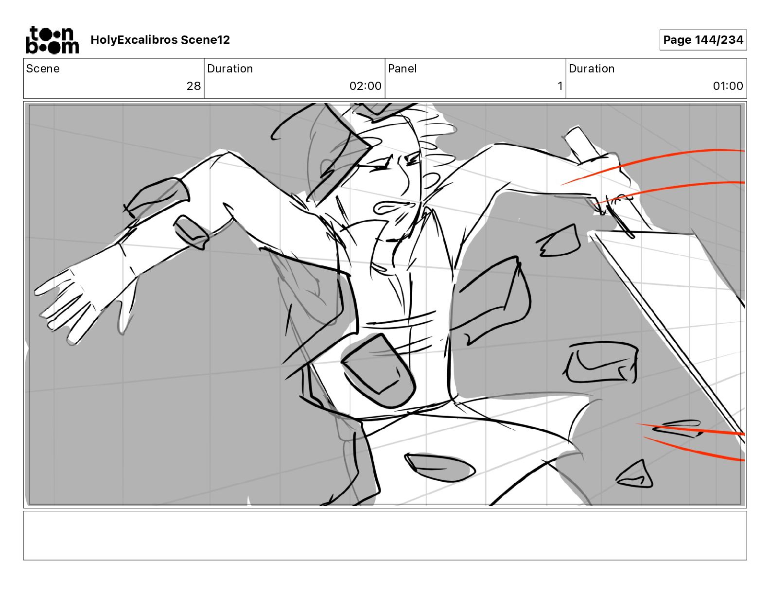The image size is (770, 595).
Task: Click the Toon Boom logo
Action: point(52,40)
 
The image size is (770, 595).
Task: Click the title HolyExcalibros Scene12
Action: point(160,40)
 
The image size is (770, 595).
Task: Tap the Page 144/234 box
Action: point(703,40)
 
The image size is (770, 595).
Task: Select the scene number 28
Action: point(193,86)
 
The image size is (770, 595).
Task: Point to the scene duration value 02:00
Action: point(366,86)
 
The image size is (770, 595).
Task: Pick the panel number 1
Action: point(560,86)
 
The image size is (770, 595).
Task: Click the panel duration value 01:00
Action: point(728,86)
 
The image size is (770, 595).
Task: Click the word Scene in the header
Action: point(43,69)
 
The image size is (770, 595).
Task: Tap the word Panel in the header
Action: point(402,69)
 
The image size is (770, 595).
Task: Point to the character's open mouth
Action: point(393,207)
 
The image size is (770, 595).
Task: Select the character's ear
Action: point(327,169)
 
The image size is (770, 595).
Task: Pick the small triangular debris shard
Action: point(635,475)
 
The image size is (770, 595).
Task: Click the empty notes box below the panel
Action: point(385,536)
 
